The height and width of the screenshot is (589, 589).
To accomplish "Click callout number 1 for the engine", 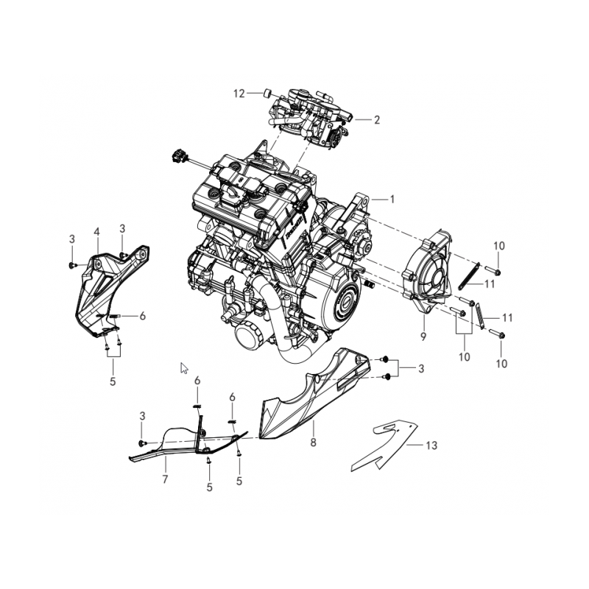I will (392, 199).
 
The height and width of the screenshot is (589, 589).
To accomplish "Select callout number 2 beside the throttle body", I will (376, 119).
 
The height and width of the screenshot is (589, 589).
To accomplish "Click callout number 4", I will (96, 232).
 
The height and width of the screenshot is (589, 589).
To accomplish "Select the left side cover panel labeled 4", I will (99, 294).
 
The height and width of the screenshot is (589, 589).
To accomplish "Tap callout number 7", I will (165, 479).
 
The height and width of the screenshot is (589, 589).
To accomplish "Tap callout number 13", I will (431, 445).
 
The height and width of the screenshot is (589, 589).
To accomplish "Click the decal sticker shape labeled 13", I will (383, 445).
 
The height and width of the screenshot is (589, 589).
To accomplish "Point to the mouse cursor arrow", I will (184, 367).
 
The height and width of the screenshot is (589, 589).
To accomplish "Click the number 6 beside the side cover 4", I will (142, 315).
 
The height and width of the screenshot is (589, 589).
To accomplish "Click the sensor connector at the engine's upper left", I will (177, 155).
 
